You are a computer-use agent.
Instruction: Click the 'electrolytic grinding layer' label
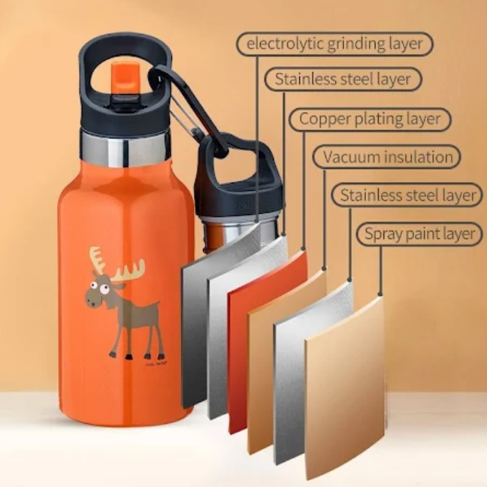point(334,44)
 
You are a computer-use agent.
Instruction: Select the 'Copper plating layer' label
point(370,119)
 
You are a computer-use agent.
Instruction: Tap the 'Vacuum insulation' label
point(387,157)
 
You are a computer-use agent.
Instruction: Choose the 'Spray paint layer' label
point(419,234)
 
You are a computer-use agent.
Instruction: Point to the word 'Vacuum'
point(350,157)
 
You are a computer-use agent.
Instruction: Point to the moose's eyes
point(98,286)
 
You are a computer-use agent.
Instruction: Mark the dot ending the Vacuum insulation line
point(325,268)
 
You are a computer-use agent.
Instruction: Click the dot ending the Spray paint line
point(380,295)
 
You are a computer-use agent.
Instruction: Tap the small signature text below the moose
point(156,364)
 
